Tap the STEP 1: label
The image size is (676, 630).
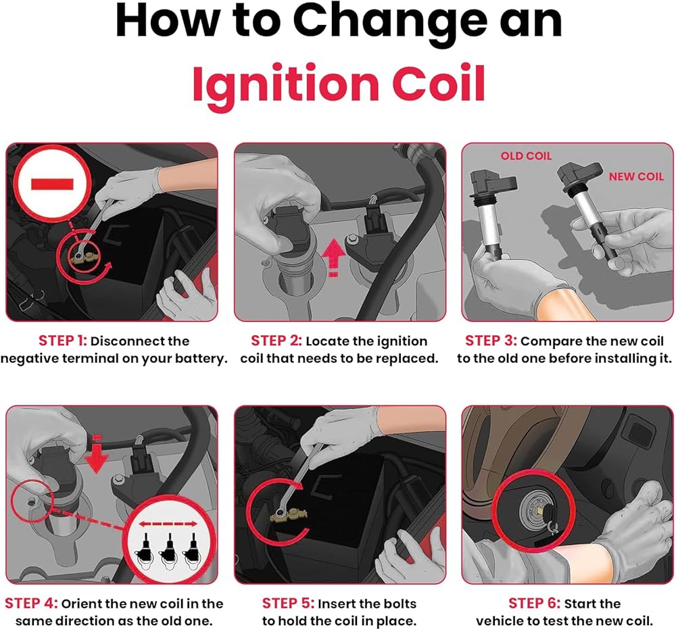point(63,341)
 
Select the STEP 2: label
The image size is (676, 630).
point(276,341)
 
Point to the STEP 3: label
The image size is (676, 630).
point(491,341)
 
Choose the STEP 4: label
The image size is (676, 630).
point(31,603)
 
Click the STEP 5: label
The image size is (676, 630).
point(288,603)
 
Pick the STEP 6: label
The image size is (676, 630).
point(534,603)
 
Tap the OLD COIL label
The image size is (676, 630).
point(526,156)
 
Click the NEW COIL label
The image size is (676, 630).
point(636,176)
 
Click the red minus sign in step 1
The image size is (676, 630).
point(52,184)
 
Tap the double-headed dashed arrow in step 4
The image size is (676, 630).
point(168,524)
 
